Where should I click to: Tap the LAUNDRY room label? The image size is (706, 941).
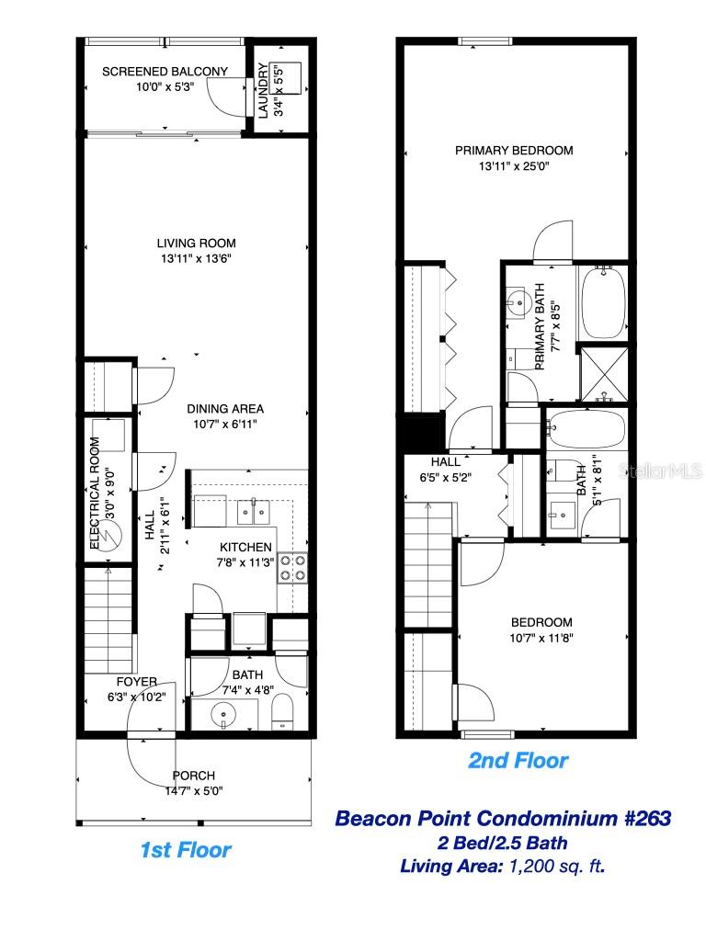[263, 90]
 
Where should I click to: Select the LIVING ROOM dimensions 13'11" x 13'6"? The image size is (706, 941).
[196, 258]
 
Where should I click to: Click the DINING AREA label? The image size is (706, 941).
[225, 409]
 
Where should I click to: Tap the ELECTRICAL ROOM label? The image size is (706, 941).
[95, 493]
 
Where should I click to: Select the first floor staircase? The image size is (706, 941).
[108, 620]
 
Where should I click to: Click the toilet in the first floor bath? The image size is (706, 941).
[284, 710]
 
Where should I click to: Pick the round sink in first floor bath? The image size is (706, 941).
[220, 713]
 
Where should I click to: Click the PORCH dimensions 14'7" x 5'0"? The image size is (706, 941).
[193, 790]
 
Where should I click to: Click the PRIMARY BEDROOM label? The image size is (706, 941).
[514, 151]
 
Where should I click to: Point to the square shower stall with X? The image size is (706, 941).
[603, 372]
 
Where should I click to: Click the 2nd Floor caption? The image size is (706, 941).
[518, 761]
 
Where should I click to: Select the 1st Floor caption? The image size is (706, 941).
[185, 850]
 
